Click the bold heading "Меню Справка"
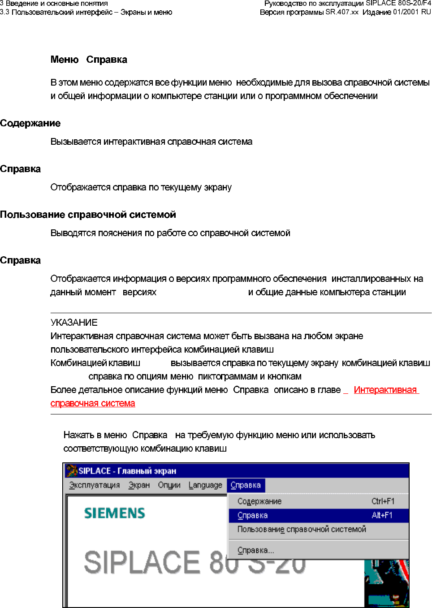point(89,60)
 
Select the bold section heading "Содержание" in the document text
point(30,123)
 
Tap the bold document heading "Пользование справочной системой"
point(88,215)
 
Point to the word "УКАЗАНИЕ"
point(74,323)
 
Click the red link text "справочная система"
point(93,403)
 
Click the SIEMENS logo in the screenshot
point(115,513)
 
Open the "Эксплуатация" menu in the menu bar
point(95,485)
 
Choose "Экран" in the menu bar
point(139,485)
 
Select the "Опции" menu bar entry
point(169,485)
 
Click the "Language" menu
point(205,485)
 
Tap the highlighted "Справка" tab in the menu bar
point(246,485)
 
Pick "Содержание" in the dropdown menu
point(259,501)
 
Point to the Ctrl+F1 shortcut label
point(383,501)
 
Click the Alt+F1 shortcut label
point(382,515)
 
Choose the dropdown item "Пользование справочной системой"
point(302,529)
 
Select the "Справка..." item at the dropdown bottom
point(255,550)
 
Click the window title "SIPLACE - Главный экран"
point(127,471)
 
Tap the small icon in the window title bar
point(72,471)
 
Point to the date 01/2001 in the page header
point(406,12)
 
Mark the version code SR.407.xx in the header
point(342,12)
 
